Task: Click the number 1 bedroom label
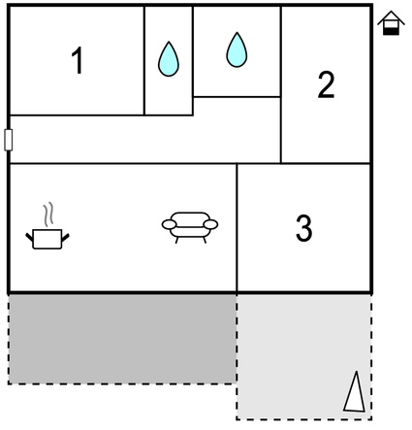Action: (x=78, y=60)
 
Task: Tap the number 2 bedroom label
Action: (x=326, y=84)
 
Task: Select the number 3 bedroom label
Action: (x=304, y=228)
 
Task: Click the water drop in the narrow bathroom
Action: (x=169, y=59)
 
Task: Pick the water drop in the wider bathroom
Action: (x=237, y=50)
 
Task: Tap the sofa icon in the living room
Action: (x=190, y=227)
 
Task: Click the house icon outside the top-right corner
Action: (x=391, y=23)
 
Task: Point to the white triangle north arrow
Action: (x=355, y=392)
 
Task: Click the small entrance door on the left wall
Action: (x=9, y=140)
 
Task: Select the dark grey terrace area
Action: (x=122, y=339)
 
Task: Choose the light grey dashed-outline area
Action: (x=304, y=356)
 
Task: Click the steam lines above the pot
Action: (x=48, y=215)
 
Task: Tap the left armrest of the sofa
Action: (x=170, y=224)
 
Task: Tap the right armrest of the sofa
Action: (x=210, y=224)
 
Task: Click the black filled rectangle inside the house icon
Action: (x=391, y=31)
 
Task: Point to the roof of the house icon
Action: (x=391, y=17)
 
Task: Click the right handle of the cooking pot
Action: (x=66, y=238)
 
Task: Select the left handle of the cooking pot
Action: (x=29, y=238)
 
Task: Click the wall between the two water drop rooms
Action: (x=193, y=60)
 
